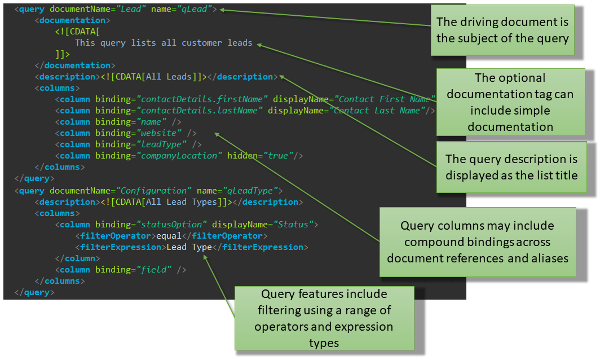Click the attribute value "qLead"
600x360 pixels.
(197, 9)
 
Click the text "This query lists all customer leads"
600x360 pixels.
(164, 43)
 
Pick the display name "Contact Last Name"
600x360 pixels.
(374, 111)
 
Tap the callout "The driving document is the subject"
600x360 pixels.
(502, 30)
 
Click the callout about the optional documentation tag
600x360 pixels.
(510, 102)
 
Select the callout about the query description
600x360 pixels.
(511, 167)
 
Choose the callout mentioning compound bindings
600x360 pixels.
(477, 242)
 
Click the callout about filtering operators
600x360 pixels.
(324, 318)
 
